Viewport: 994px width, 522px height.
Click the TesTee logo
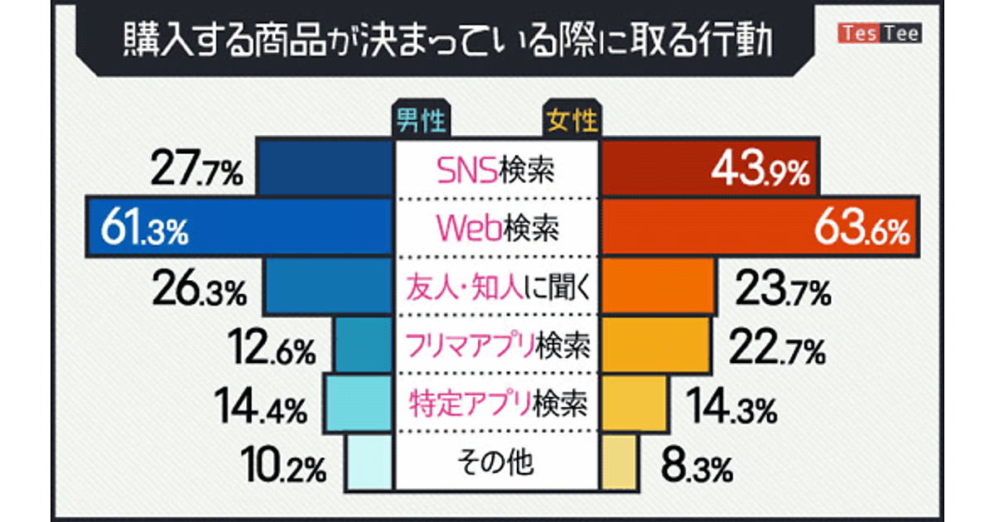pos(879,34)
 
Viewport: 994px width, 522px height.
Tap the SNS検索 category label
pos(495,171)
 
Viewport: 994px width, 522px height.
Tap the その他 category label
pos(495,462)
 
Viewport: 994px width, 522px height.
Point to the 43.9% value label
pos(756,173)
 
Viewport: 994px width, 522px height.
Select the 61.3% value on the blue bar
pos(145,228)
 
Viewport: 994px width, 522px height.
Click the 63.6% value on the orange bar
pos(862,229)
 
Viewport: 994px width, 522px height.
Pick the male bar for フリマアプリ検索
pos(363,346)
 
